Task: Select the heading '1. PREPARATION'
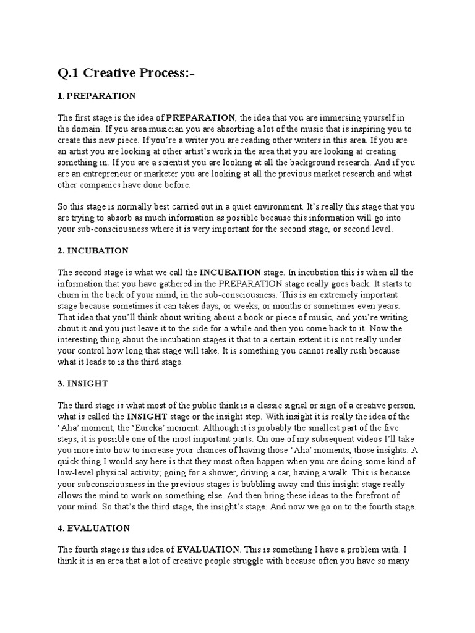point(96,96)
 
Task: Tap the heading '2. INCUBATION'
point(93,250)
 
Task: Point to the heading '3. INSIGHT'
point(83,383)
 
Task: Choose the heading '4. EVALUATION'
point(93,528)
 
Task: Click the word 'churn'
point(70,294)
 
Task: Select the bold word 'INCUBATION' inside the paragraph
point(230,272)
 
